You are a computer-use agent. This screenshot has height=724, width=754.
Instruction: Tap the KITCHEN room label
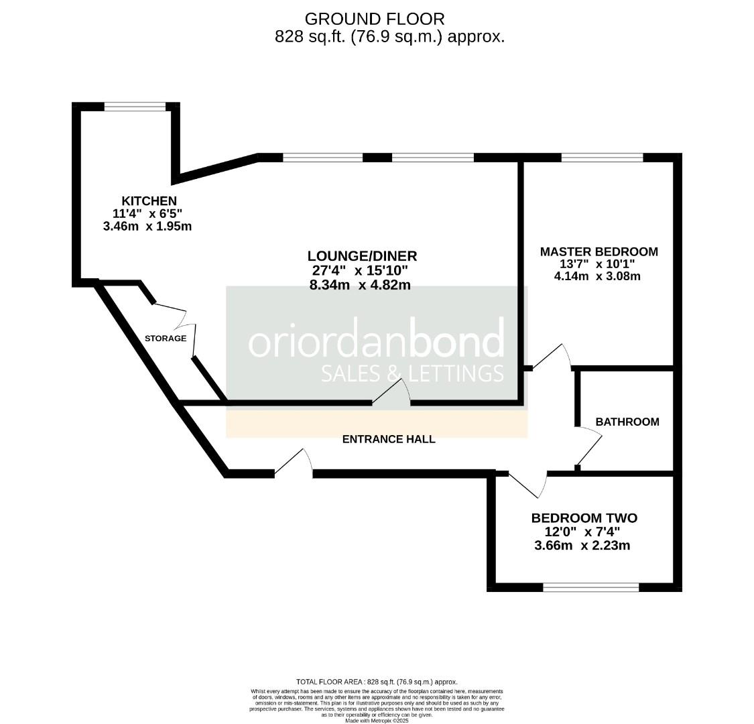[149, 200]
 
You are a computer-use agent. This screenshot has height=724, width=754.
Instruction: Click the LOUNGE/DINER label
[362, 255]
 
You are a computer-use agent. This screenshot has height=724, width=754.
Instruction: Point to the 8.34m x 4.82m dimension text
[360, 285]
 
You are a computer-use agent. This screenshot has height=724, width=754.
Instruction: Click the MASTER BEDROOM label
[599, 251]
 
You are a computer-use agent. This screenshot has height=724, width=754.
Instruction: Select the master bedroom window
[601, 158]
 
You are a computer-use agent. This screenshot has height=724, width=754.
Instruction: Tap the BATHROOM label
[627, 422]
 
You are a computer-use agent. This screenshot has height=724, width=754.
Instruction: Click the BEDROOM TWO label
[584, 518]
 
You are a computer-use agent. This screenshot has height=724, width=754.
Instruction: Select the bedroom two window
[590, 587]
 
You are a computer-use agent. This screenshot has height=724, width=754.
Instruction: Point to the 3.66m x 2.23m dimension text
[582, 546]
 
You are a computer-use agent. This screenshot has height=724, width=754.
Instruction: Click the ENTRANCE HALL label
[389, 439]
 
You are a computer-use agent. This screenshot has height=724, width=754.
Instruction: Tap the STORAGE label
[166, 339]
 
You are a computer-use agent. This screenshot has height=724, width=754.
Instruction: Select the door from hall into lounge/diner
[392, 394]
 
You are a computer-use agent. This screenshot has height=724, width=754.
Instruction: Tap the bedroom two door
[526, 484]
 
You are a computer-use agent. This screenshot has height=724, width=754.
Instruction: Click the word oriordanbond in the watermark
[376, 342]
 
